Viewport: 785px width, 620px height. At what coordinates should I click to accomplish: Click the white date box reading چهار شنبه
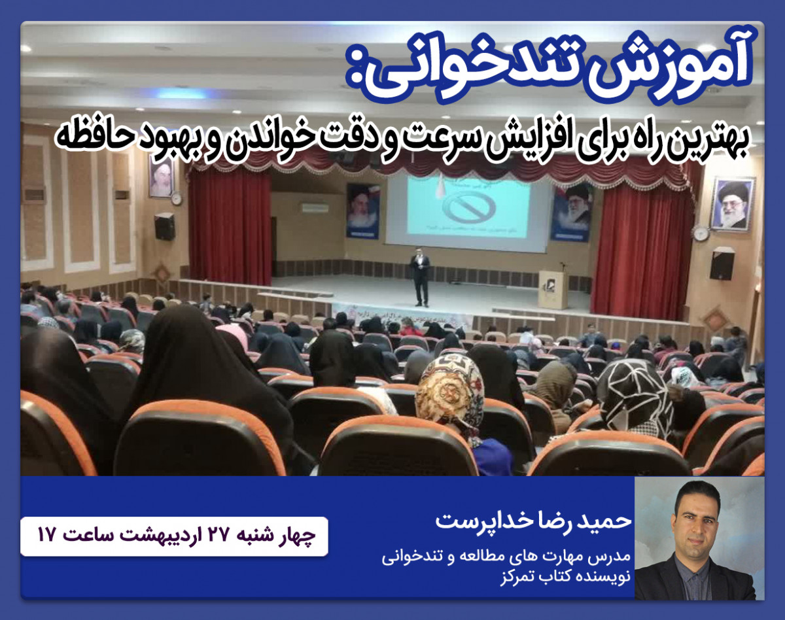(x=174, y=536)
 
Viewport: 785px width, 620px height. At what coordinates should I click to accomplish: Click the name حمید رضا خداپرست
(x=533, y=521)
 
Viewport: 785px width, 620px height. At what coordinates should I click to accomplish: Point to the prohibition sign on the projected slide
(x=468, y=207)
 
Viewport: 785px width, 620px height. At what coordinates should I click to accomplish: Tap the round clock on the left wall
(x=176, y=198)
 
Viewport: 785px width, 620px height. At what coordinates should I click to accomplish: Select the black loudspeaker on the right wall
(x=722, y=263)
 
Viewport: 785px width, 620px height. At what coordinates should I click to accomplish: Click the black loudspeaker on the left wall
(x=165, y=226)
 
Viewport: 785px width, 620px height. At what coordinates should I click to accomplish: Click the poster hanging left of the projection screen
(x=363, y=210)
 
